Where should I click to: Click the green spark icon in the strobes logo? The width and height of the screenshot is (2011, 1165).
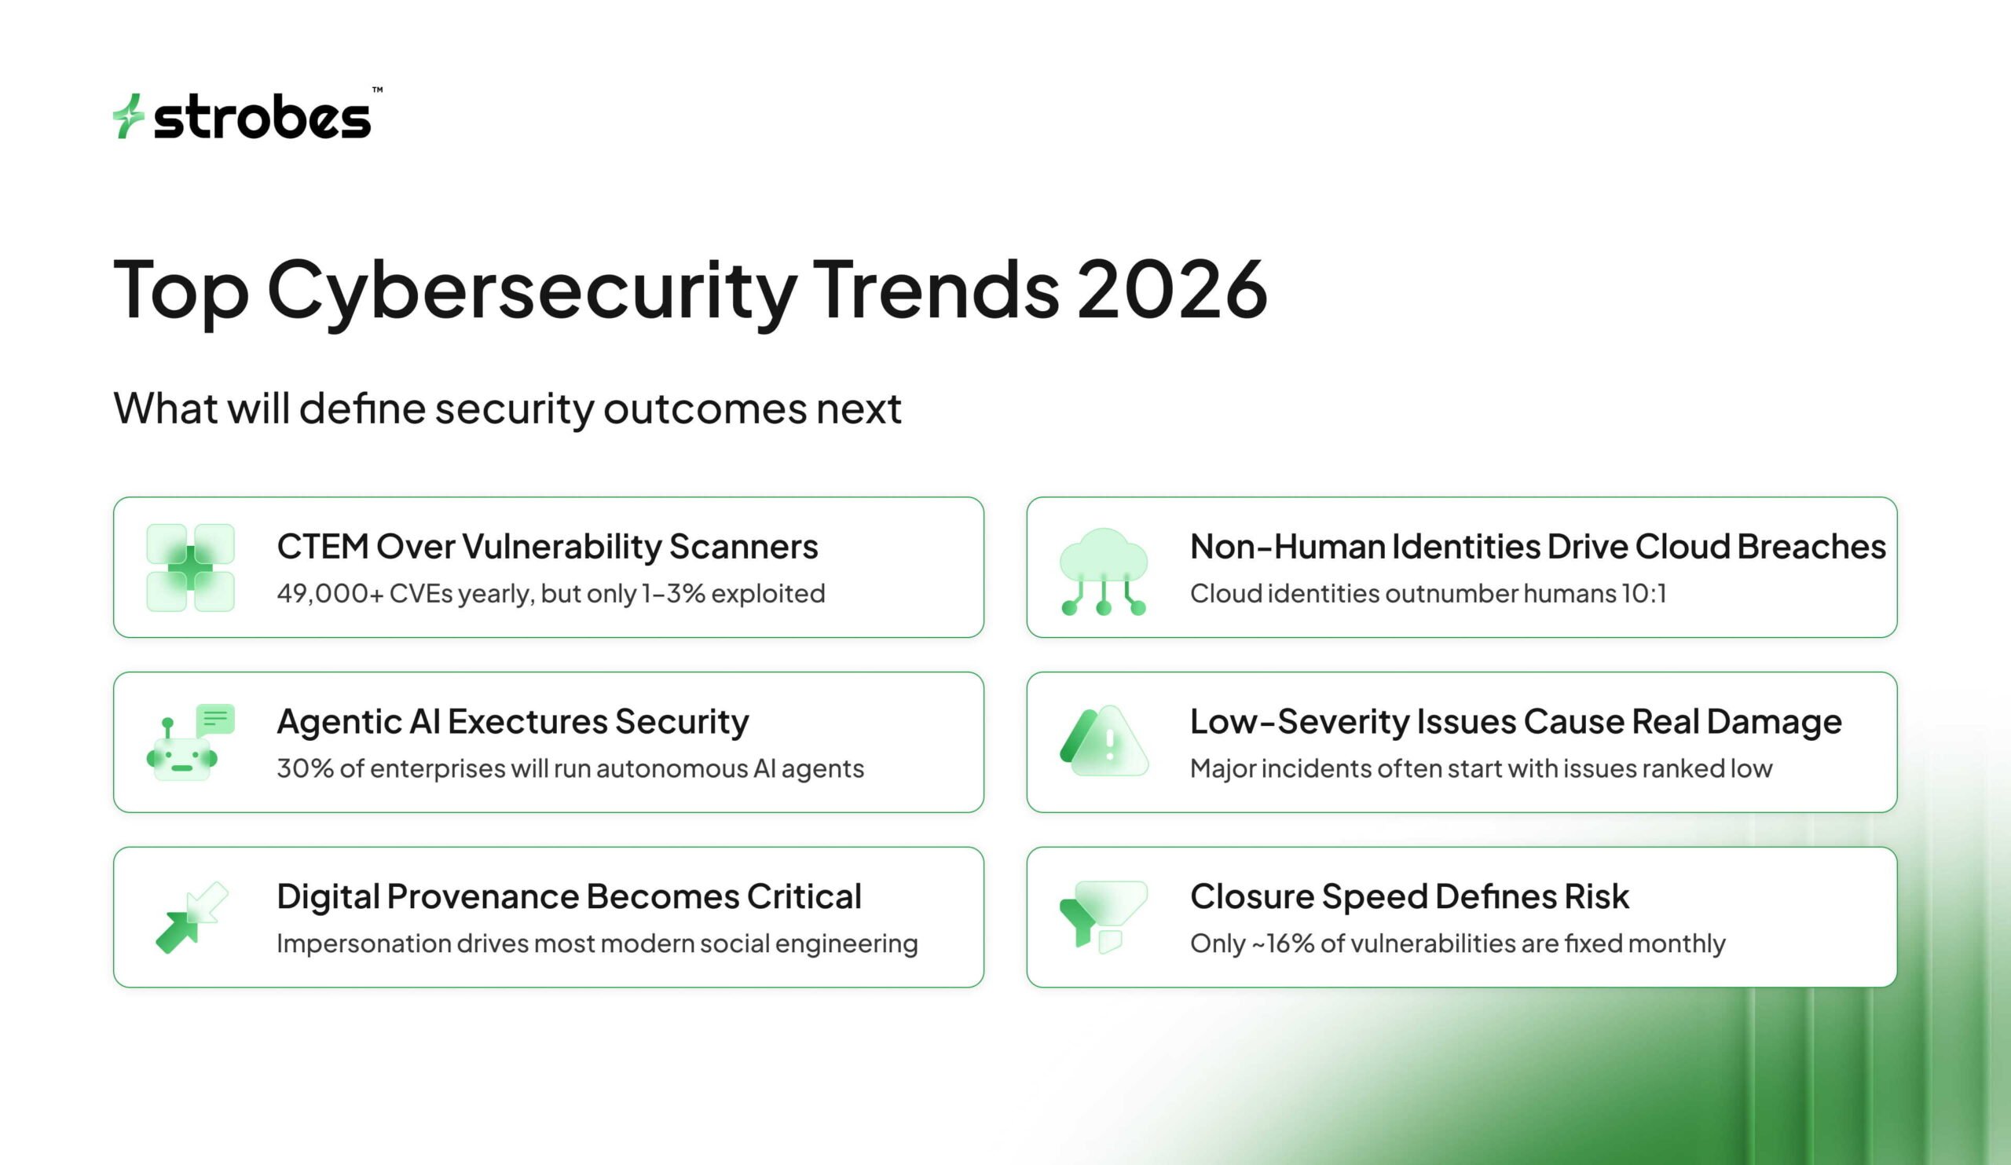point(128,116)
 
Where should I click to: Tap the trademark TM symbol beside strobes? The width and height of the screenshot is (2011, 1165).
point(378,90)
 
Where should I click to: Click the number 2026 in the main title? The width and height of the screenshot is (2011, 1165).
point(1172,290)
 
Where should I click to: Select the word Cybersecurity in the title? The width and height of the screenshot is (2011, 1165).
point(532,290)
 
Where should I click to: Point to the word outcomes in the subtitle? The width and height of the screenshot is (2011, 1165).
point(704,408)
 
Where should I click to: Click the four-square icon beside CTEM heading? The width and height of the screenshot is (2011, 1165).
point(191,567)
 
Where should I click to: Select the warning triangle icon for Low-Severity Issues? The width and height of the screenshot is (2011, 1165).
point(1104,742)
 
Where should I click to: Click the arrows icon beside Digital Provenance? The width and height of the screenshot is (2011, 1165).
point(192,917)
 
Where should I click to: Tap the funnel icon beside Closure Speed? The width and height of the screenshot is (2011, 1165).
point(1104,916)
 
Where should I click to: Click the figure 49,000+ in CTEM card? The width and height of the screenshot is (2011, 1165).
point(330,594)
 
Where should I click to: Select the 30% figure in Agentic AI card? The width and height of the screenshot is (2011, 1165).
point(305,768)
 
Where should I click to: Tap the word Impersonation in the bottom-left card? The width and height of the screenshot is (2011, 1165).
point(363,943)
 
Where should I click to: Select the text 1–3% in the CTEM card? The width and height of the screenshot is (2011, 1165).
point(673,594)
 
